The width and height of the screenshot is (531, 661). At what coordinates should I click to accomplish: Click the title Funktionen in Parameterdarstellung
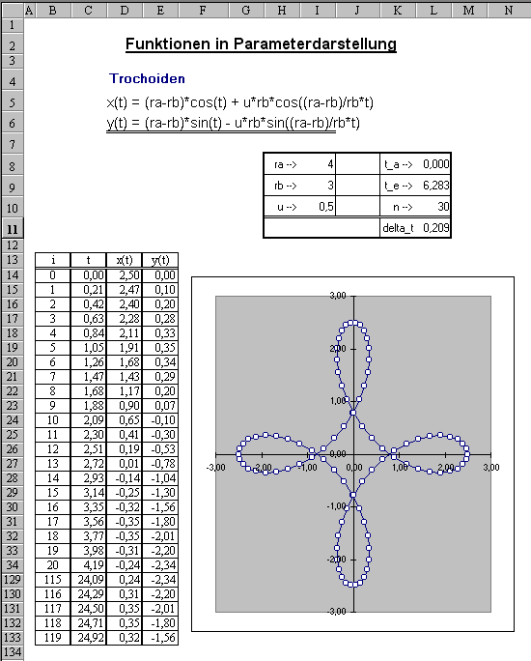[x=261, y=44]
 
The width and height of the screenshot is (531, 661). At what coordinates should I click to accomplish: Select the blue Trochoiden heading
[x=147, y=79]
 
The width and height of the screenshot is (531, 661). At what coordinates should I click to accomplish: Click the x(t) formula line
[x=240, y=102]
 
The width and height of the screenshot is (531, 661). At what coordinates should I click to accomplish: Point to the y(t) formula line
[x=233, y=123]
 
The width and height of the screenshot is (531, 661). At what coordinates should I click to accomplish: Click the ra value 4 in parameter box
[x=330, y=164]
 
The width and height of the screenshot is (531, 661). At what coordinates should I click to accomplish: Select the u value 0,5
[x=326, y=207]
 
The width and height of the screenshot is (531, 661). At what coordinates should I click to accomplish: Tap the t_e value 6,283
[x=436, y=186]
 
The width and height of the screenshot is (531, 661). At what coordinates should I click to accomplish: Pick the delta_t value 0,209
[x=436, y=228]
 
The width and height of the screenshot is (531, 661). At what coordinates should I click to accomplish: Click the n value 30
[x=443, y=207]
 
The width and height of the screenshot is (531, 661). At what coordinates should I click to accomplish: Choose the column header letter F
[x=203, y=10]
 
